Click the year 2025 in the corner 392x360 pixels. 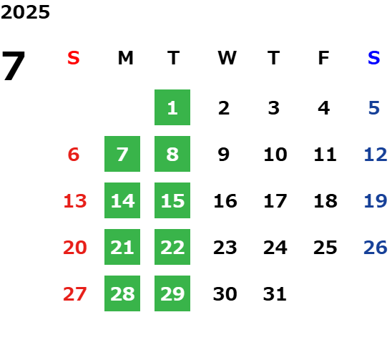(x=25, y=12)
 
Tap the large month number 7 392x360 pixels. (x=14, y=66)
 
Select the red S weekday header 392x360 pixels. (x=74, y=58)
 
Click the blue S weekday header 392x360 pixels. (x=374, y=58)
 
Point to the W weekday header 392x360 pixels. (x=227, y=58)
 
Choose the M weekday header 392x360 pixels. (x=125, y=58)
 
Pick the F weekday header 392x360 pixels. (x=324, y=58)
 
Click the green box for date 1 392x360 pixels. (x=172, y=107)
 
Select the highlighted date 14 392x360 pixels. (x=122, y=200)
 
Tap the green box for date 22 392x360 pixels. (x=172, y=247)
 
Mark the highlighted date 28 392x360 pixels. (x=122, y=293)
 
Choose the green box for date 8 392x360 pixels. (x=172, y=154)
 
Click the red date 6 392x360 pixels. (x=74, y=154)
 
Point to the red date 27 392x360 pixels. (x=75, y=293)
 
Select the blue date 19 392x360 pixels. (x=376, y=200)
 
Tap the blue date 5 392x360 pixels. (x=374, y=108)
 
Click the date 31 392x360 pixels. (x=275, y=293)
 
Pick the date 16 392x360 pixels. (x=225, y=200)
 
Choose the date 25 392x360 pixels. (x=325, y=247)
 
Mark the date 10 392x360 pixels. (x=275, y=154)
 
